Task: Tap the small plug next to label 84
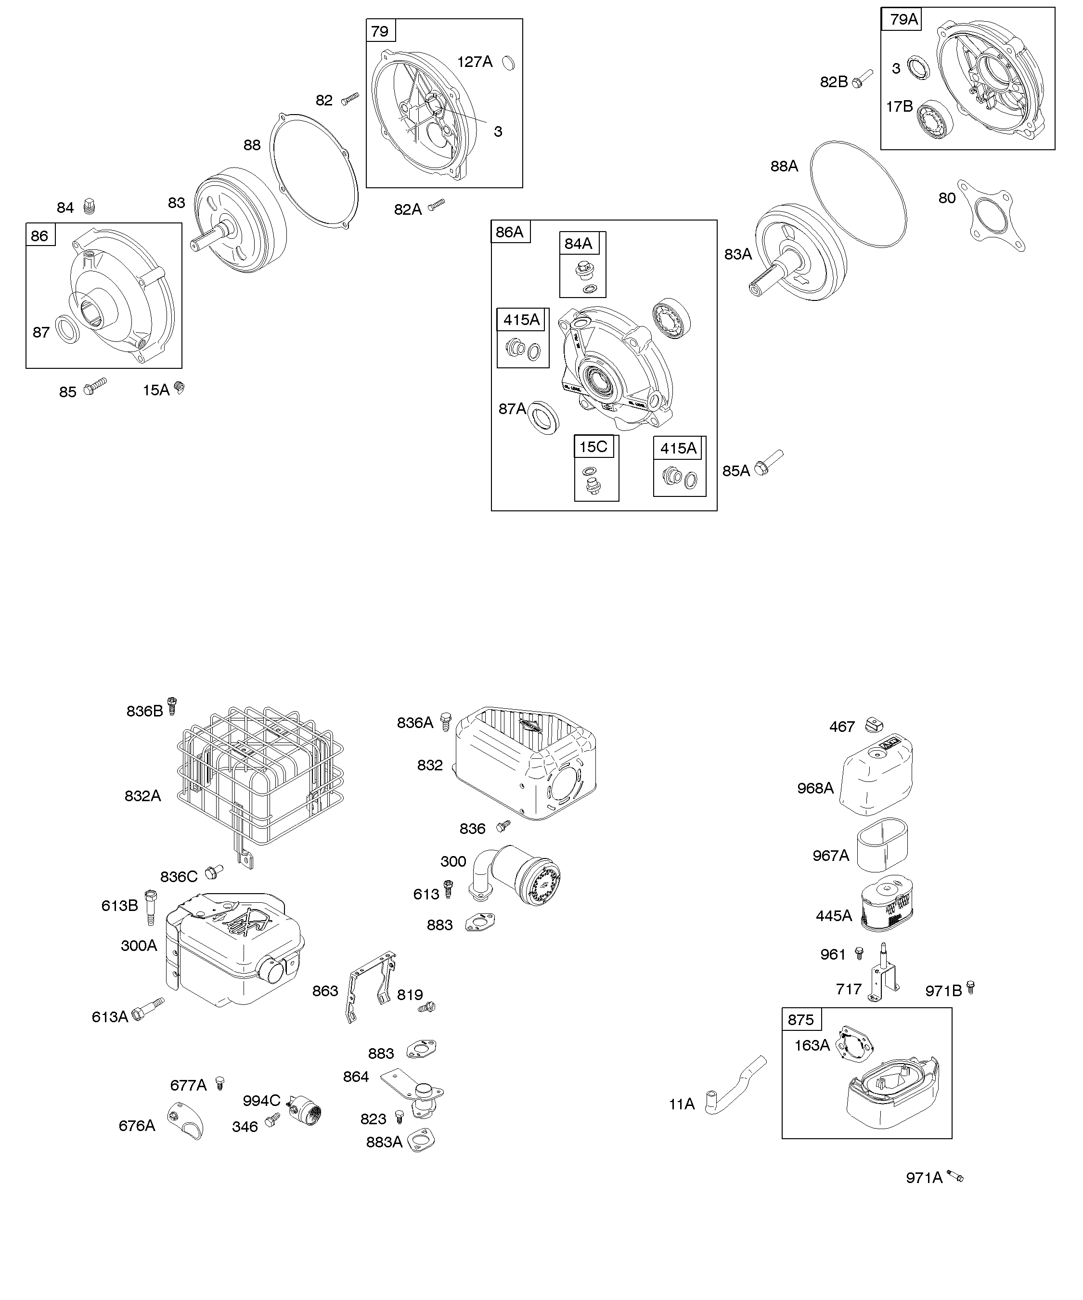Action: [x=89, y=206]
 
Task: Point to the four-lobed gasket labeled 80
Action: [x=991, y=216]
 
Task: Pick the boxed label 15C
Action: [x=593, y=446]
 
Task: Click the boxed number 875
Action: [x=801, y=1020]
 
